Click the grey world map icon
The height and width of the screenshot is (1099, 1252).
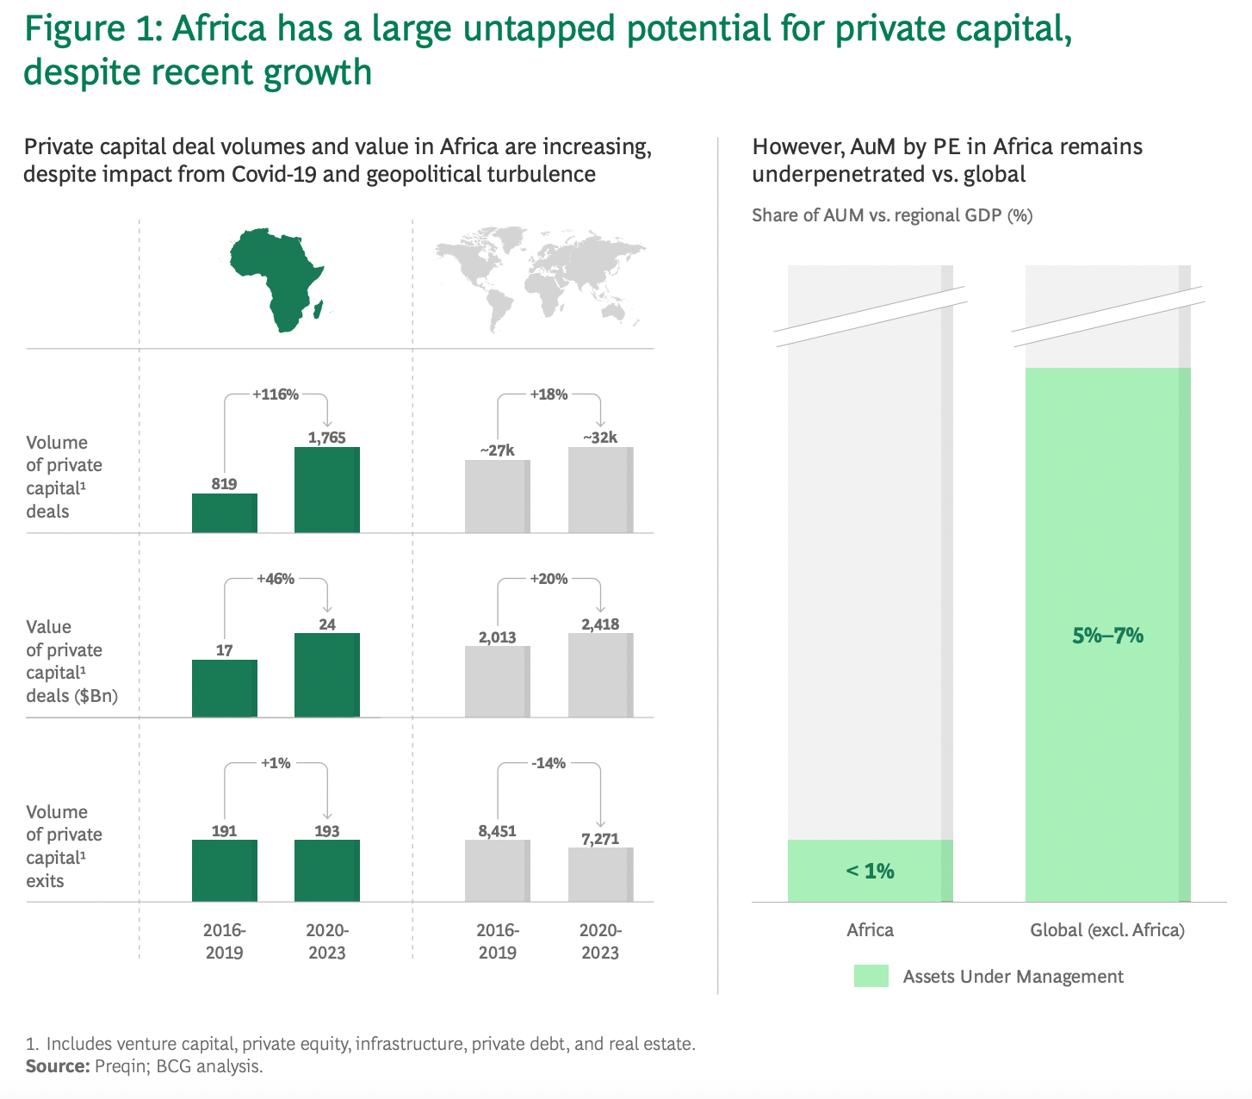click(x=542, y=276)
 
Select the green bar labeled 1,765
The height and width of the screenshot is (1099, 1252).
click(x=327, y=490)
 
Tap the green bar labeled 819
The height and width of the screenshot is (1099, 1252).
click(x=224, y=513)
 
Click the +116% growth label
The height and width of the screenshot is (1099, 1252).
click(x=276, y=394)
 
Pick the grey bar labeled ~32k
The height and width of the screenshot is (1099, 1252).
click(x=600, y=490)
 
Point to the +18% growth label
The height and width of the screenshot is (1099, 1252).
click(x=549, y=394)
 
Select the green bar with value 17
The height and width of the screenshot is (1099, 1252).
click(x=224, y=688)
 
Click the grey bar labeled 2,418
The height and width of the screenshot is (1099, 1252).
click(x=600, y=675)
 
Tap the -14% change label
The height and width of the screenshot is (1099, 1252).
click(x=549, y=763)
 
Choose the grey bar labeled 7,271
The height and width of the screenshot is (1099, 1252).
click(x=600, y=875)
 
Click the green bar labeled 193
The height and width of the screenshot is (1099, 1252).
click(x=327, y=871)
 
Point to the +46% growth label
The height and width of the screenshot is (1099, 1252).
click(x=276, y=579)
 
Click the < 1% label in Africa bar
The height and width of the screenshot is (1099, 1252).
click(x=870, y=871)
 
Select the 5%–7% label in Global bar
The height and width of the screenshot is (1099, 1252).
click(x=1107, y=636)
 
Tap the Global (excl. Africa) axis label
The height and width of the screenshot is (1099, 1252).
click(x=1107, y=930)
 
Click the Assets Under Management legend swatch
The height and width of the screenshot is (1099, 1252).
click(x=871, y=976)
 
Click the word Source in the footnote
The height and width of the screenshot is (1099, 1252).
click(x=57, y=1066)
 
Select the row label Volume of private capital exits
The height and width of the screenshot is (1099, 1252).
click(x=64, y=846)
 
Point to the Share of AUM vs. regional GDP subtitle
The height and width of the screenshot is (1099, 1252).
click(x=892, y=215)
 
